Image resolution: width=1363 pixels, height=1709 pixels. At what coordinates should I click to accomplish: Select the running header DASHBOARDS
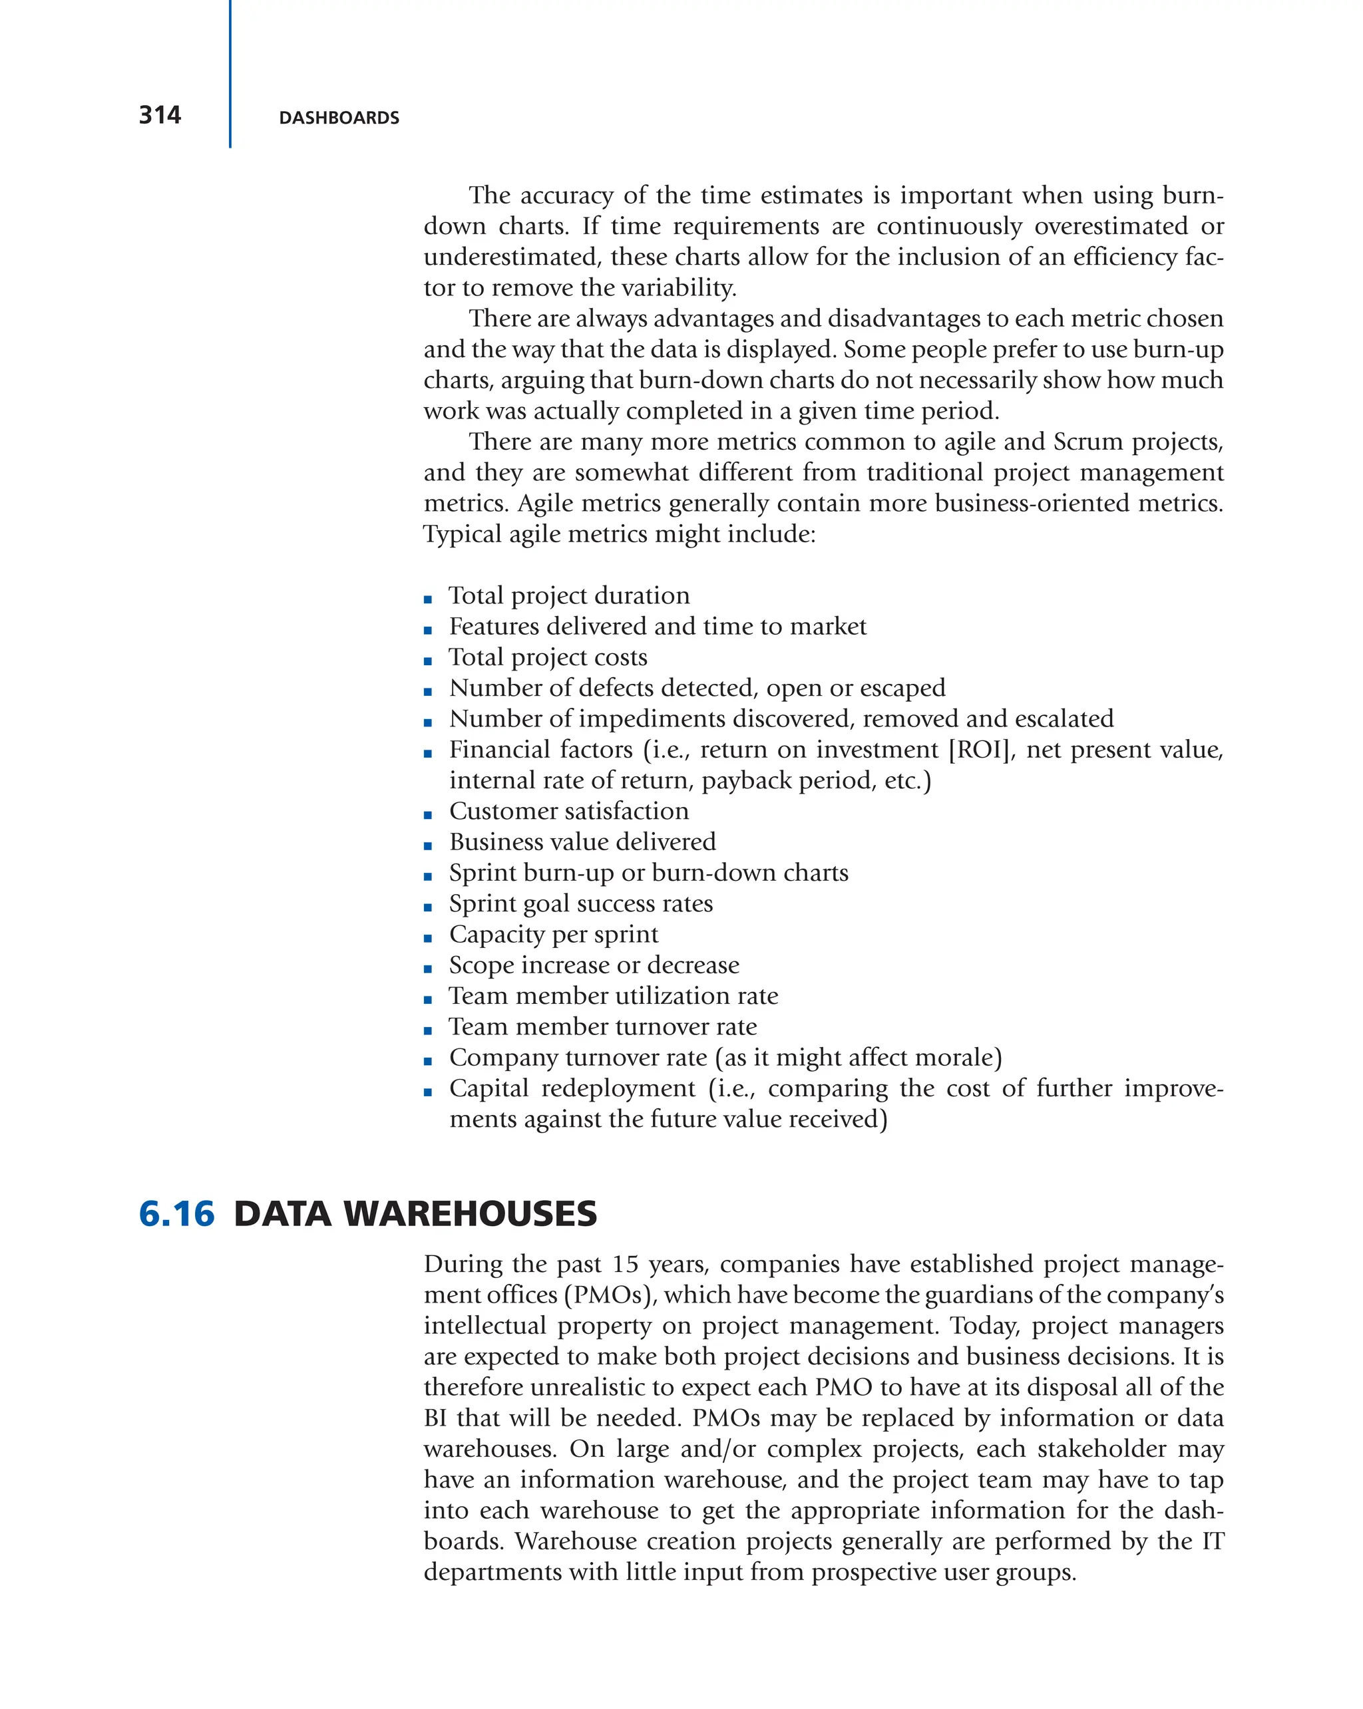click(x=339, y=118)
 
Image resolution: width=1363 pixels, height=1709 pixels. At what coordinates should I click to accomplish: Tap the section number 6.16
click(x=176, y=1213)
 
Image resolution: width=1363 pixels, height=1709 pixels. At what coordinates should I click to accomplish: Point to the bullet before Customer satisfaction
click(x=428, y=814)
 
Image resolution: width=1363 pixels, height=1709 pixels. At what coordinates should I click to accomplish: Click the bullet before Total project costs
click(x=428, y=661)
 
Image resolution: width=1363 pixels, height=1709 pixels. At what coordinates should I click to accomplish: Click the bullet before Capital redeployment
click(x=428, y=1092)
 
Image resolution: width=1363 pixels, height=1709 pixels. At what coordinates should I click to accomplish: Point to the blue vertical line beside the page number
click(x=230, y=74)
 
